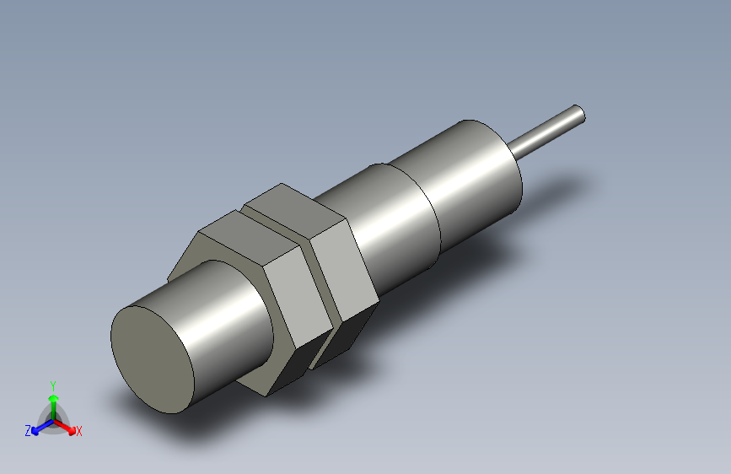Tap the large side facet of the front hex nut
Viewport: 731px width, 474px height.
(295, 299)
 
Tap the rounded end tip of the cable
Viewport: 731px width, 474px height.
(578, 112)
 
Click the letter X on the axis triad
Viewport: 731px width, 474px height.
(79, 431)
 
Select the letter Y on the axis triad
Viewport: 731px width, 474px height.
(53, 384)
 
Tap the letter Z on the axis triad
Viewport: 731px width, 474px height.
(28, 430)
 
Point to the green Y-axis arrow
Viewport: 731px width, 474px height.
(53, 401)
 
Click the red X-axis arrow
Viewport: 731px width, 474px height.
(67, 425)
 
